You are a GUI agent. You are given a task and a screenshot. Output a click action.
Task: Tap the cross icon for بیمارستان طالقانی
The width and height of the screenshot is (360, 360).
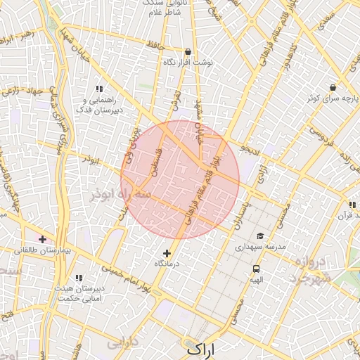pos(43,240)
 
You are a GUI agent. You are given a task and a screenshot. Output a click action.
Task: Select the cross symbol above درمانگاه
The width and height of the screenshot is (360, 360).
pos(167,253)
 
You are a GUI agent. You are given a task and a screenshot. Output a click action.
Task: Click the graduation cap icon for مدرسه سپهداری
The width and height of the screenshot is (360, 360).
pos(260,236)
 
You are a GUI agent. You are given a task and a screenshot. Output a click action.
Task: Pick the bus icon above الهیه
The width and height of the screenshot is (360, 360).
pos(256,269)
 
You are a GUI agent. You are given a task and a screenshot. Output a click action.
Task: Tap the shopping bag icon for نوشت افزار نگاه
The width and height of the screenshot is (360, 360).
pos(188,51)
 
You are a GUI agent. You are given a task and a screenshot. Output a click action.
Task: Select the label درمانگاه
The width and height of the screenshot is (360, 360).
pos(167,263)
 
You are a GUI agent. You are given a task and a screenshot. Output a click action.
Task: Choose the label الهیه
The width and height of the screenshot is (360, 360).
pos(256,279)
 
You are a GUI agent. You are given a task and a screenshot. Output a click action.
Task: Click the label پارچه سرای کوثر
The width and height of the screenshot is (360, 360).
pos(328,98)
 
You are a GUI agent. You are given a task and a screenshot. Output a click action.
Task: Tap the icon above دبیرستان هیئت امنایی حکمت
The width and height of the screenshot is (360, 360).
pos(79,278)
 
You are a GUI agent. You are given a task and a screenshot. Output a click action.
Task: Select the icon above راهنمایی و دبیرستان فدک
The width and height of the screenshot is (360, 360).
pos(99,89)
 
